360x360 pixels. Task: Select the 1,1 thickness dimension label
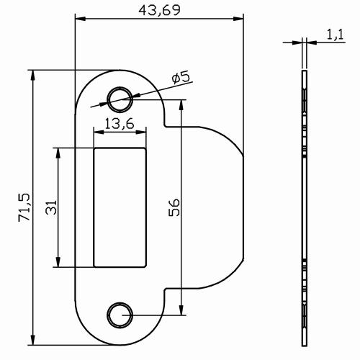pyautogui.click(x=335, y=33)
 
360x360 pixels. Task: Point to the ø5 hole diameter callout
pyautogui.click(x=180, y=77)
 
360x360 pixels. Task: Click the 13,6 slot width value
pyautogui.click(x=120, y=124)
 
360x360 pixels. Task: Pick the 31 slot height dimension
pyautogui.click(x=49, y=207)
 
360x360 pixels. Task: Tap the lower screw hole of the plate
pyautogui.click(x=120, y=314)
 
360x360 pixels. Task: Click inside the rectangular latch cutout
pyautogui.click(x=120, y=207)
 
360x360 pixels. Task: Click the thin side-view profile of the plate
pyautogui.click(x=305, y=207)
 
